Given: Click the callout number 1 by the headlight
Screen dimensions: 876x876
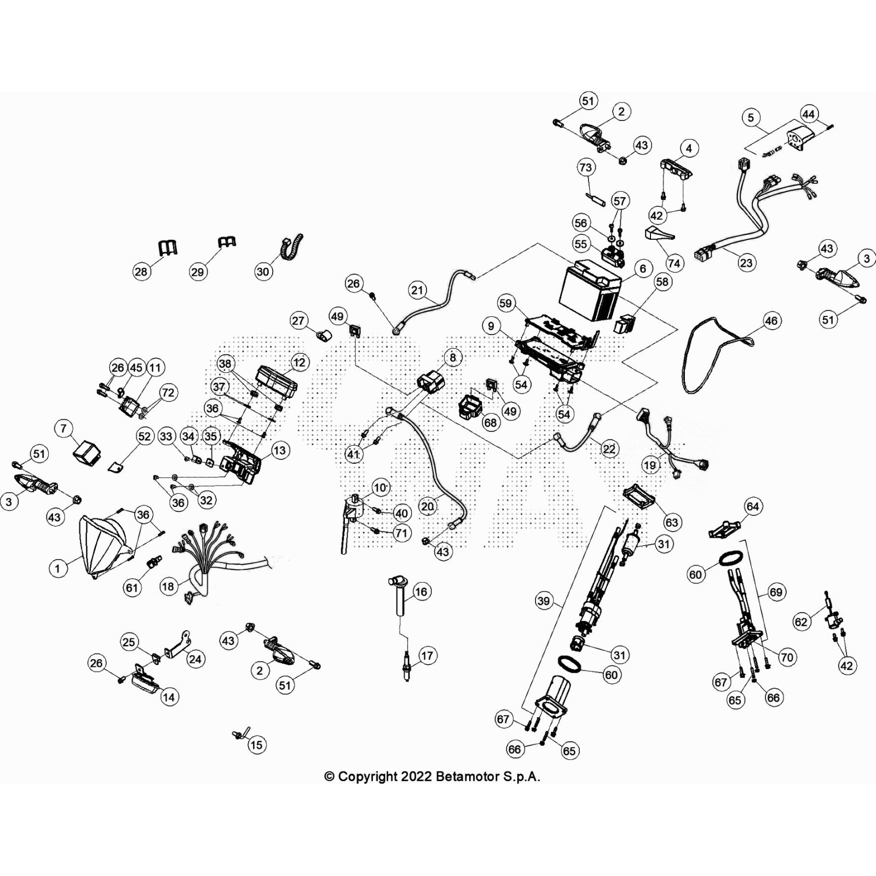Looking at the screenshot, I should coord(57,568).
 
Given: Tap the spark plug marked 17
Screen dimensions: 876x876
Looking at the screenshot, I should coord(407,666).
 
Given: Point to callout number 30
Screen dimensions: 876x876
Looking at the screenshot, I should coord(263,271).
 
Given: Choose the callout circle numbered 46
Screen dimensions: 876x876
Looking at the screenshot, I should coord(771,321).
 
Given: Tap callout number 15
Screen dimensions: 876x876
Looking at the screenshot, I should coord(256,745).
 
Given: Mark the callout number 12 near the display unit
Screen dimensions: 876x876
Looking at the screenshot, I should coord(299,362).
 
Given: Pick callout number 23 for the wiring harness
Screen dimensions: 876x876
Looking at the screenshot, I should coord(746,263).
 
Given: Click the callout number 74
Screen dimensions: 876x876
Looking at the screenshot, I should coord(674,263).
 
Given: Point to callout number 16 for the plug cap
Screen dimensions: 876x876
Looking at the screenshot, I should coord(420,591).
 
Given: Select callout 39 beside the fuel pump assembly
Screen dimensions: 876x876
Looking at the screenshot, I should coord(543,601).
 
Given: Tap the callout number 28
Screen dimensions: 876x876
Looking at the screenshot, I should coord(141,271).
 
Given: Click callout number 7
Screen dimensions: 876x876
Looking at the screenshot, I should coord(64,428).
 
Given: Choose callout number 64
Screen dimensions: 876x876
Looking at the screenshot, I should coord(753,506).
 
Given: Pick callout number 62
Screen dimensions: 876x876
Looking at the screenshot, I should coord(801,621).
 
